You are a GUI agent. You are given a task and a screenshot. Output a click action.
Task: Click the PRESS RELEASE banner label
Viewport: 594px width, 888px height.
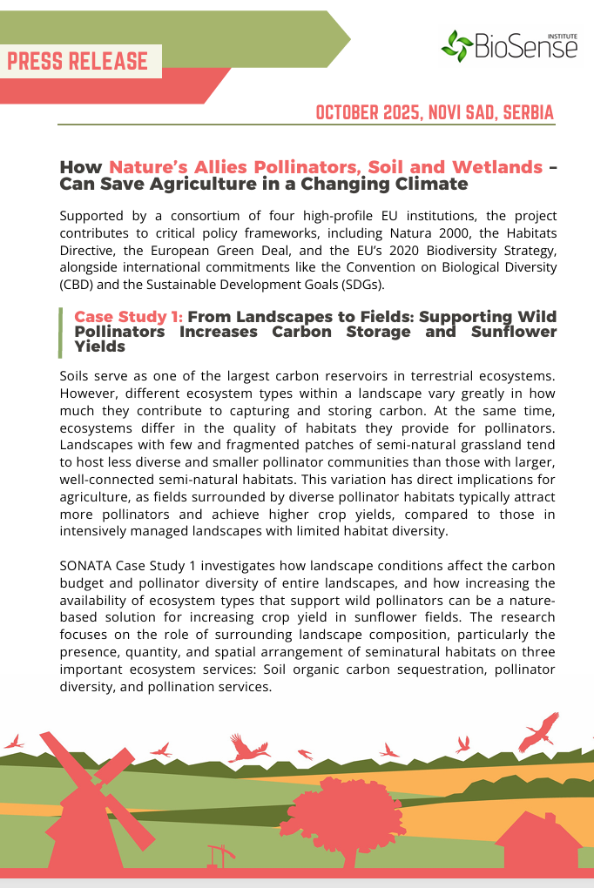coord(78,61)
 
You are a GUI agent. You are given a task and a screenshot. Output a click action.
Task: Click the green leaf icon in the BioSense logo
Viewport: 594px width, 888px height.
coord(456,44)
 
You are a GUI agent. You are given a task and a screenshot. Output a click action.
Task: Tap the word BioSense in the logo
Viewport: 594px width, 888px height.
coord(525,47)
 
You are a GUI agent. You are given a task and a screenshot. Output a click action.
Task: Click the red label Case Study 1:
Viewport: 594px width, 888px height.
coord(128,316)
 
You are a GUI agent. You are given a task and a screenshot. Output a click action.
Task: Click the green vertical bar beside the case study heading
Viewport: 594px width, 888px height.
coord(60,332)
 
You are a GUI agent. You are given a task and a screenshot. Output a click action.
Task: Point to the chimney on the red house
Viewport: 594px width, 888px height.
coord(550,818)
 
